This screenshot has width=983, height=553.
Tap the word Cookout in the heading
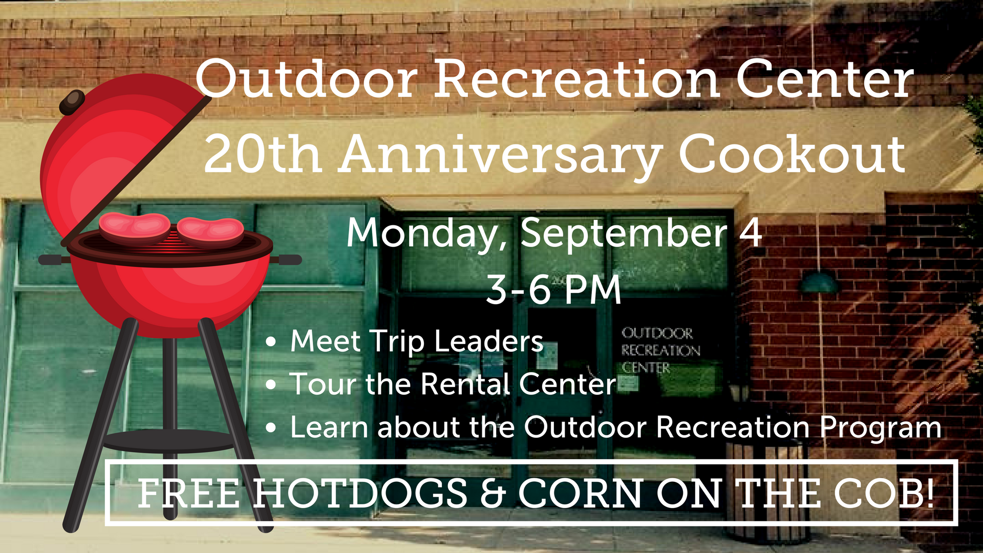click(x=792, y=154)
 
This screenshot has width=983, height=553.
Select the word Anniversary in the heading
click(x=502, y=156)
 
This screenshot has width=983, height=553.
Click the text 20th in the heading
click(x=263, y=154)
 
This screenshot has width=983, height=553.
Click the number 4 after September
click(x=751, y=232)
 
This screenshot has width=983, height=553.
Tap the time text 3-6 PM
click(x=553, y=290)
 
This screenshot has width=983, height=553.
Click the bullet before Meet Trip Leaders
click(x=271, y=342)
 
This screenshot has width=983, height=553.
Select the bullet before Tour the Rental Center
click(x=271, y=385)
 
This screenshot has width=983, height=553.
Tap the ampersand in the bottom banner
click(x=493, y=493)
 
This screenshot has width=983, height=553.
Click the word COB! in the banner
click(x=884, y=493)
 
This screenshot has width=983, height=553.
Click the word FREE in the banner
click(x=188, y=493)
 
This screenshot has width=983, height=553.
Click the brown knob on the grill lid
click(x=72, y=102)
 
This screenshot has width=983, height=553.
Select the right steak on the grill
click(x=210, y=230)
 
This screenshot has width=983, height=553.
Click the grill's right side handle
click(x=286, y=260)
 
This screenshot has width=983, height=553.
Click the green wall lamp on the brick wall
click(x=820, y=283)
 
